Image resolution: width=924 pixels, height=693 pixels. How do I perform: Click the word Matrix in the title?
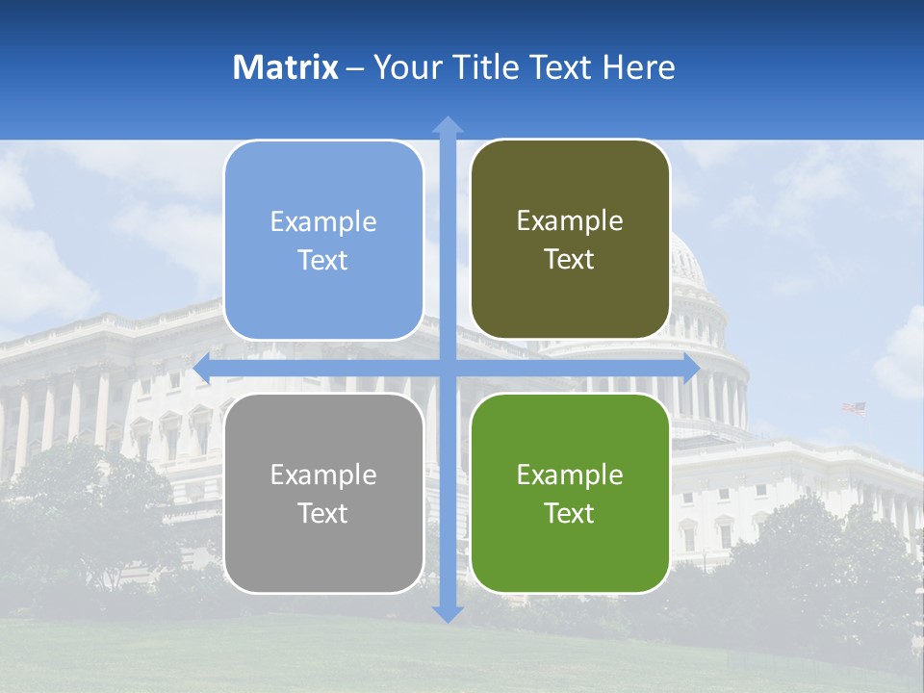pyautogui.click(x=286, y=67)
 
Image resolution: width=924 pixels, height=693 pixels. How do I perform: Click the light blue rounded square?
pyautogui.click(x=323, y=240)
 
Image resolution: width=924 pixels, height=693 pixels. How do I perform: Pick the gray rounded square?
pyautogui.click(x=323, y=493)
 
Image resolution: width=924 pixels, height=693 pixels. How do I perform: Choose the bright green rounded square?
pyautogui.click(x=570, y=493)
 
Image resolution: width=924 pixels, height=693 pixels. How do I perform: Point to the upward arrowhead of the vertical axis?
pyautogui.click(x=448, y=124)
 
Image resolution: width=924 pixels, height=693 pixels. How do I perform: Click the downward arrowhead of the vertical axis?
pyautogui.click(x=448, y=613)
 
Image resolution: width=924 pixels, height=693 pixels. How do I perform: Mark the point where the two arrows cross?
pyautogui.click(x=448, y=368)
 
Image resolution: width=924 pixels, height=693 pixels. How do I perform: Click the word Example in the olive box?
pyautogui.click(x=570, y=221)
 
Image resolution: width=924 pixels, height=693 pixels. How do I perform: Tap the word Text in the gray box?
pyautogui.click(x=323, y=513)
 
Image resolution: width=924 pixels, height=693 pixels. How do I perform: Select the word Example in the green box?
pyautogui.click(x=570, y=475)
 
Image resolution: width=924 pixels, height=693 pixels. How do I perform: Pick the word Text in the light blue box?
pyautogui.click(x=323, y=260)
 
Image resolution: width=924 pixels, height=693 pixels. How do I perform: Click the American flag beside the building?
pyautogui.click(x=855, y=408)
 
